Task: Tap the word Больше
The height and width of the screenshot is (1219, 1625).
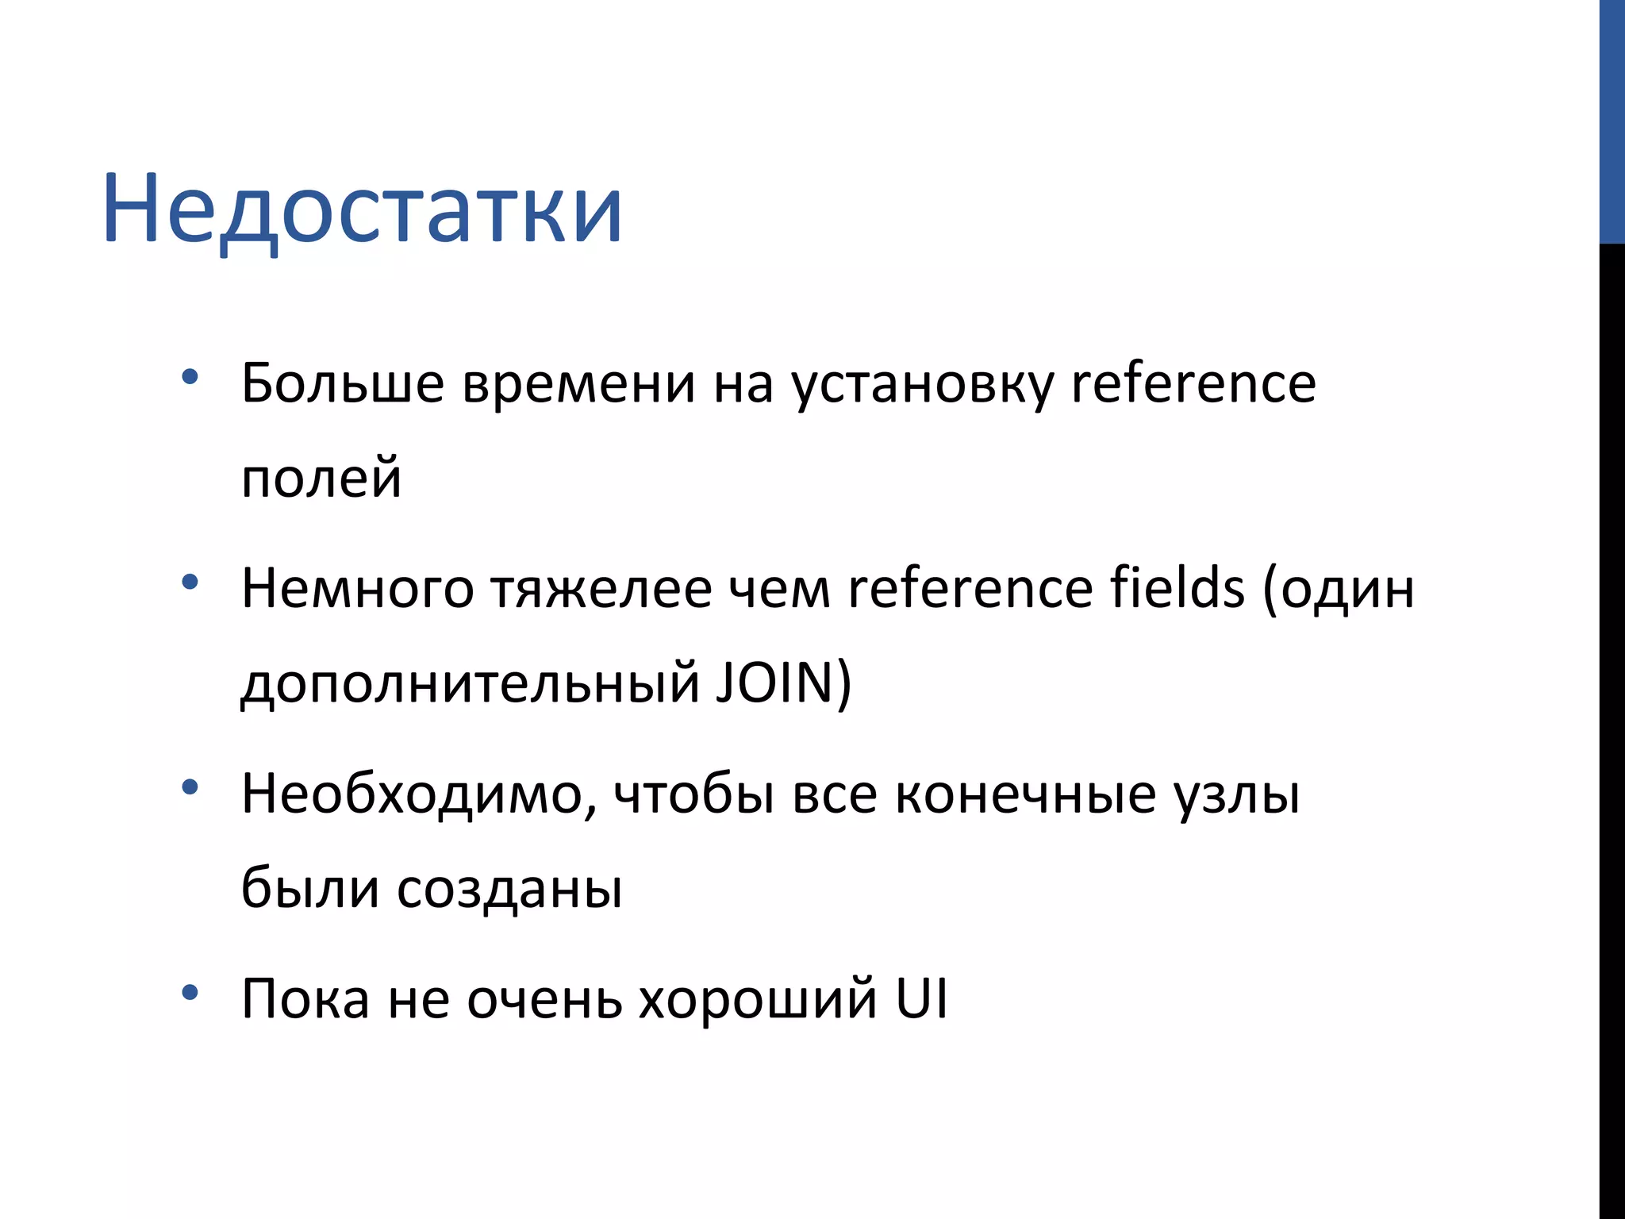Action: [342, 384]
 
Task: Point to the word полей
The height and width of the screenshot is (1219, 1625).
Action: [321, 479]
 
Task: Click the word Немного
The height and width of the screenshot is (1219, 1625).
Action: [357, 590]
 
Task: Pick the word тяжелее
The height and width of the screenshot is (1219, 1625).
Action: [601, 590]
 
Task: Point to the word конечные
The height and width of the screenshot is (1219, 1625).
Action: [1025, 794]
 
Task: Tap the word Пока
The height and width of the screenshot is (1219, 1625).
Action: [305, 999]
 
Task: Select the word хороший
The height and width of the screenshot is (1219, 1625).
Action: [758, 999]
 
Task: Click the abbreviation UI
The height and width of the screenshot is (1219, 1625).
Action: [921, 998]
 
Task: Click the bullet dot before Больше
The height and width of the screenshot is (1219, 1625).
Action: [190, 377]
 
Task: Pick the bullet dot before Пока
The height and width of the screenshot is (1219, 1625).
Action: [190, 993]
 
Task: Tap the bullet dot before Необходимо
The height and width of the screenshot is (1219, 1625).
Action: [190, 787]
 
